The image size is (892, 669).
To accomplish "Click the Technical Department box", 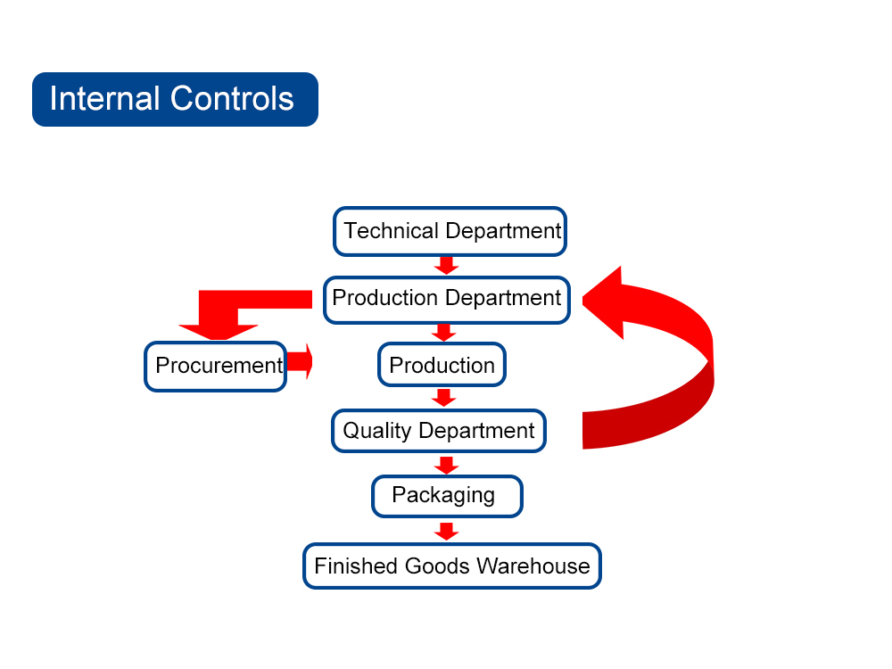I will [450, 231].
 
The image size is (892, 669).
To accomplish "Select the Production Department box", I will [446, 299].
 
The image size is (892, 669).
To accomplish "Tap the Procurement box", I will [215, 366].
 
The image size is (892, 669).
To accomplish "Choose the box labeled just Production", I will [442, 365].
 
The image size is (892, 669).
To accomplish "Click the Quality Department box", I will [438, 432].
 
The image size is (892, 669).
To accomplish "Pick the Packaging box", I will [447, 496].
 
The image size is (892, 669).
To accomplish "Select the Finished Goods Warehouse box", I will [452, 566].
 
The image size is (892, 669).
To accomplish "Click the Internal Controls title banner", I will [175, 99].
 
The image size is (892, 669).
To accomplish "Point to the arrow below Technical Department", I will [447, 265].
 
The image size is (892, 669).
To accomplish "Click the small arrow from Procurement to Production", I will [300, 361].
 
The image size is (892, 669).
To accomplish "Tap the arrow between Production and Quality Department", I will [443, 397].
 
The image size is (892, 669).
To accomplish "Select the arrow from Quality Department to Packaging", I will [447, 465].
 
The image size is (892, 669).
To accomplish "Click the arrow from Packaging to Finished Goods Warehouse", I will [447, 532].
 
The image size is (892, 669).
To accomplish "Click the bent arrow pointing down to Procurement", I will [219, 317].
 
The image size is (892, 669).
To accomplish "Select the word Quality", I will [377, 432].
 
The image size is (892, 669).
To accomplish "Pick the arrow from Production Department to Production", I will [443, 332].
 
